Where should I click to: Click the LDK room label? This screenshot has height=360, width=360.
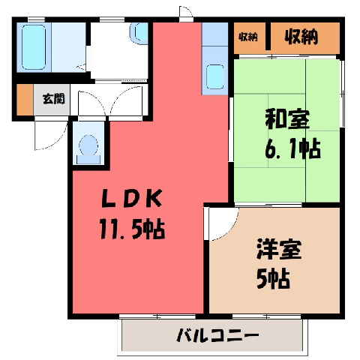[x=131, y=198]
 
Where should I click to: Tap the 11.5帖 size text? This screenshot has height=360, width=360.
[x=132, y=229]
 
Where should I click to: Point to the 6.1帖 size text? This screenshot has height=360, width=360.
[x=292, y=148]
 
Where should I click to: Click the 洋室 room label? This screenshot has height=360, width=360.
[x=279, y=250]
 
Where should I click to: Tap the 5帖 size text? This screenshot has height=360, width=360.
[x=273, y=279]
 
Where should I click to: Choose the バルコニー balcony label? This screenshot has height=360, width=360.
[x=217, y=335]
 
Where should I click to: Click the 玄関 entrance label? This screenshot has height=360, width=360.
[x=53, y=99]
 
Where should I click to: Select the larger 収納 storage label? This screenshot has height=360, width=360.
[x=301, y=37]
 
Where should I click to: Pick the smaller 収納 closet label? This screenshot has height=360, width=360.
[x=247, y=37]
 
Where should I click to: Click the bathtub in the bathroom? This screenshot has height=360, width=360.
[x=34, y=47]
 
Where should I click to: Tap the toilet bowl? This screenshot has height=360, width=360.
[x=88, y=149]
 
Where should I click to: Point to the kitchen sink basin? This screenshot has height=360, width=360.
[x=215, y=76]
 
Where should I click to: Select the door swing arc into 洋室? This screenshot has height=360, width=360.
[x=226, y=229]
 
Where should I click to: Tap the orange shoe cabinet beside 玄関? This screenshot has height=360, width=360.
[x=25, y=100]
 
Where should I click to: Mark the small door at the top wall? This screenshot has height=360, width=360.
[x=186, y=13]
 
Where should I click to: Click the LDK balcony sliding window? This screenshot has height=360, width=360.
[x=157, y=316]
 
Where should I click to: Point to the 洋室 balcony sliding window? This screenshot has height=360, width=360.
[x=266, y=316]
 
